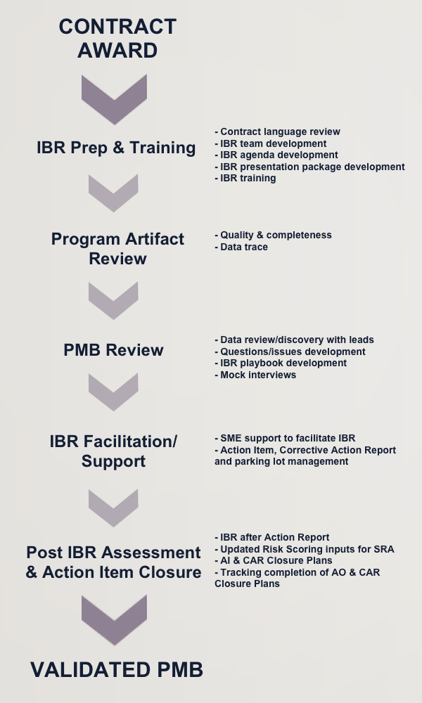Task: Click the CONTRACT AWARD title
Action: pyautogui.click(x=117, y=38)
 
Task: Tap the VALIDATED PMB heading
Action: pyautogui.click(x=117, y=670)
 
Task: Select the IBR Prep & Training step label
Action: pyautogui.click(x=116, y=148)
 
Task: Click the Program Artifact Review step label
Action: pyautogui.click(x=117, y=248)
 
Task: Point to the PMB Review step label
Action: pyautogui.click(x=113, y=349)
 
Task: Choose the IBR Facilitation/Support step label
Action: pyautogui.click(x=113, y=451)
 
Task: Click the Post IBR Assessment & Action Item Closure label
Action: pyautogui.click(x=113, y=562)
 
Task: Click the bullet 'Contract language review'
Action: pyautogui.click(x=278, y=132)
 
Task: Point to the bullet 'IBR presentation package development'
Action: pyautogui.click(x=310, y=167)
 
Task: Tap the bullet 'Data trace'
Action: pyautogui.click(x=241, y=247)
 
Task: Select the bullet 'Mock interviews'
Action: pyautogui.click(x=255, y=375)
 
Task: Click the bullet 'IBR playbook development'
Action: pyautogui.click(x=281, y=363)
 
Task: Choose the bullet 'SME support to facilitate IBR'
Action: pyautogui.click(x=286, y=438)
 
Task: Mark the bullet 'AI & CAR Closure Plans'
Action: pyautogui.click(x=274, y=560)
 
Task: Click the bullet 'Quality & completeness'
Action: pyautogui.click(x=273, y=236)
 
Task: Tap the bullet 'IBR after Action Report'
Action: pyautogui.click(x=272, y=537)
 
